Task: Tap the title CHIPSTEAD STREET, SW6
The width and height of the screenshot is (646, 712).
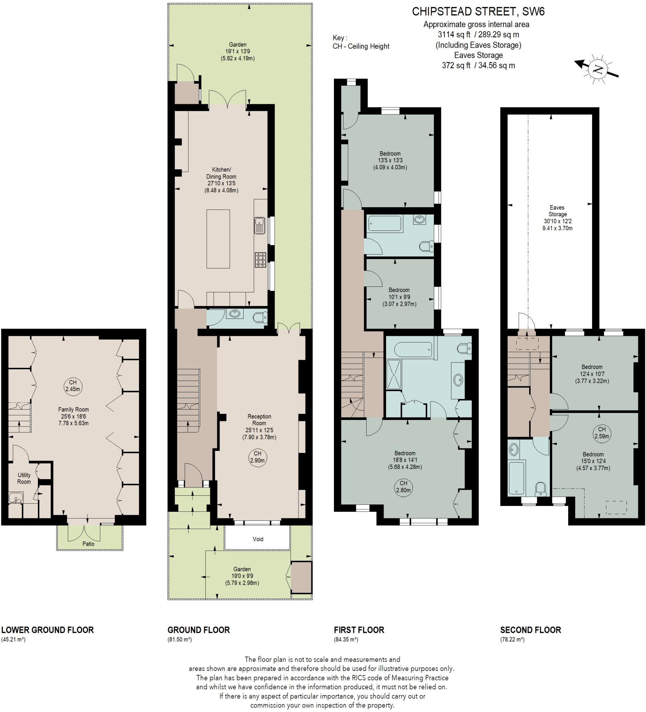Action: [x=478, y=12]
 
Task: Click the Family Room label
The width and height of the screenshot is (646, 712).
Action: [x=73, y=416]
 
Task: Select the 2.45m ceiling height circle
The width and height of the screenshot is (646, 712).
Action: [x=73, y=386]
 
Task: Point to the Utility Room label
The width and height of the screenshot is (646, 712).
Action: [x=24, y=478]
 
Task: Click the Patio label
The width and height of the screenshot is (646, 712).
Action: [x=88, y=543]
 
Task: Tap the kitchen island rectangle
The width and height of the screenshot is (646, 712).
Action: [x=218, y=239]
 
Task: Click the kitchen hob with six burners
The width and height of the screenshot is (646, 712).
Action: [x=261, y=260]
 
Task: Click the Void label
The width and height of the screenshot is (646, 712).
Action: [x=258, y=539]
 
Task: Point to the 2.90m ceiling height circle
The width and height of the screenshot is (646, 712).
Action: [x=258, y=457]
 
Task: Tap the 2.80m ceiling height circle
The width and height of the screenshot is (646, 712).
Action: [x=403, y=487]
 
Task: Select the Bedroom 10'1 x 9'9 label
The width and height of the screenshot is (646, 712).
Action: [x=399, y=297]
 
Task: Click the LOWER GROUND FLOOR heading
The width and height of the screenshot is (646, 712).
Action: [x=48, y=630]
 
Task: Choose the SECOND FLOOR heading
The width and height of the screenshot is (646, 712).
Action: [x=530, y=630]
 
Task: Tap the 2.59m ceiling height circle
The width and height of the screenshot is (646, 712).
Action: [x=602, y=432]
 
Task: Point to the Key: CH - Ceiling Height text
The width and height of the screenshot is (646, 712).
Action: [x=360, y=42]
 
